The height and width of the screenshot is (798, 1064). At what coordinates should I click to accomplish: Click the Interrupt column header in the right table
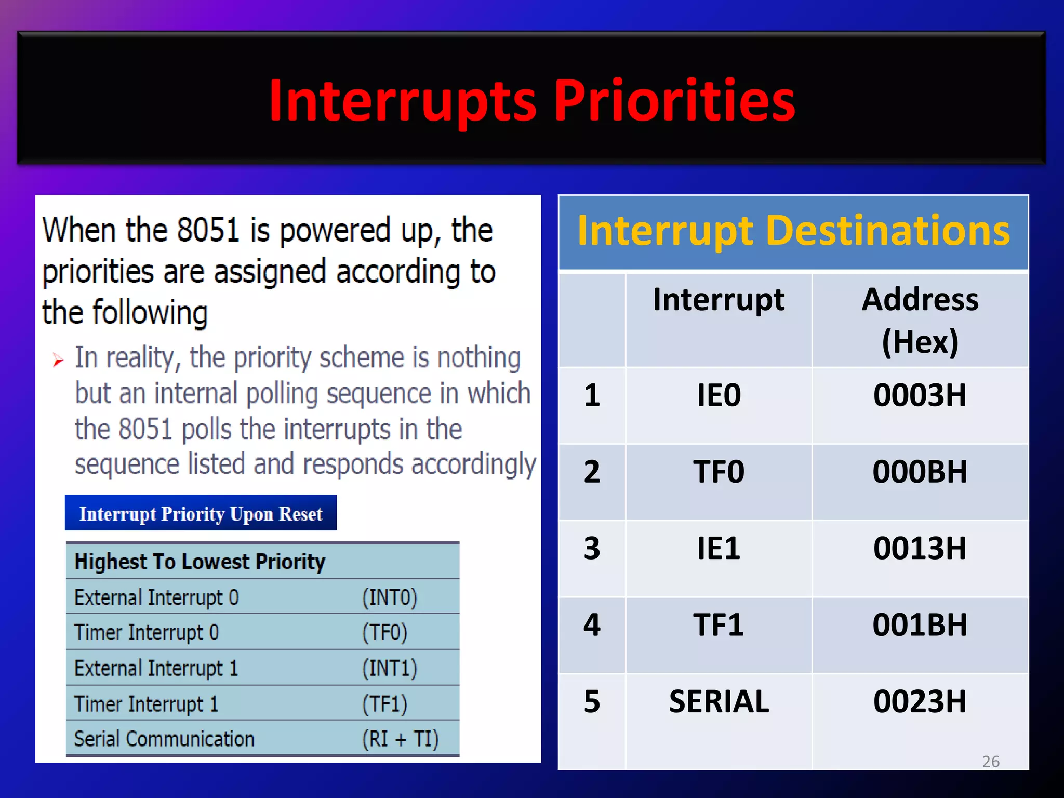point(719,300)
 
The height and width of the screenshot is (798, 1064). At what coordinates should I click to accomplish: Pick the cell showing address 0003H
point(920,395)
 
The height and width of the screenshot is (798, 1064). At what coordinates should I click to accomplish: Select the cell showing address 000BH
point(920,472)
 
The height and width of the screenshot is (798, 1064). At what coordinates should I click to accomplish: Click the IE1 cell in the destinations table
point(719,549)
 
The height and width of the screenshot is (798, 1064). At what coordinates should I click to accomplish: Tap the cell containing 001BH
point(920,625)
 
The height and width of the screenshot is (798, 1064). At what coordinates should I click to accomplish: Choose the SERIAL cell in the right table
point(719,702)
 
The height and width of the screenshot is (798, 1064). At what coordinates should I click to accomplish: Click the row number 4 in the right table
point(592,625)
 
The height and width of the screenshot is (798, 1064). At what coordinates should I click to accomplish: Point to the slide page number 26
point(990,762)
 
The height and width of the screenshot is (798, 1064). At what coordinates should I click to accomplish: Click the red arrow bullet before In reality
point(58,360)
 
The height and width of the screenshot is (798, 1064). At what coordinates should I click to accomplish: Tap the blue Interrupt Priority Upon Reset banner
point(201,513)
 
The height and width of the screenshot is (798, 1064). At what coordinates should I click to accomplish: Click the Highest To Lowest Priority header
point(199,562)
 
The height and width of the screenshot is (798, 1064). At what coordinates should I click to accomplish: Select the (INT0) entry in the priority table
point(389,597)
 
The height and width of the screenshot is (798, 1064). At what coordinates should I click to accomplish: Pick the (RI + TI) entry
point(400,739)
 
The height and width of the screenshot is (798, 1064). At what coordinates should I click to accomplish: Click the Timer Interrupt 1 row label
point(146,704)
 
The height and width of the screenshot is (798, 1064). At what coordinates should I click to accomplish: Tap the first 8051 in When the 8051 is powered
point(207,230)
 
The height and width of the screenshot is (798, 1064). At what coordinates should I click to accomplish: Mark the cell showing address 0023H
point(920,702)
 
